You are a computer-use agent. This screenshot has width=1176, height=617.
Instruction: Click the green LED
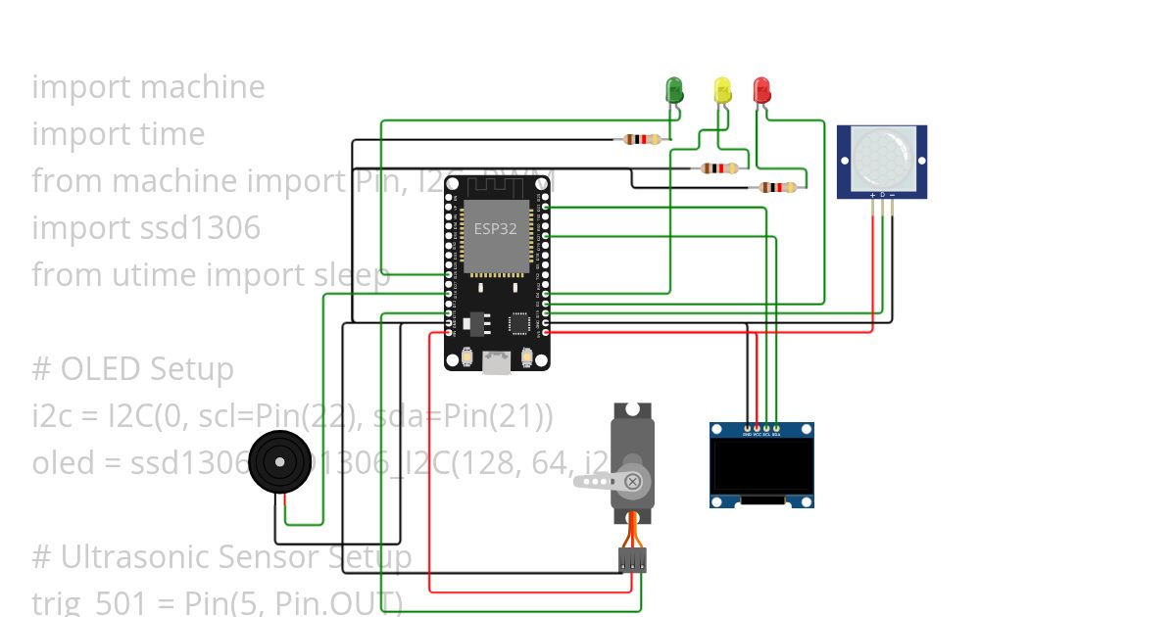(674, 90)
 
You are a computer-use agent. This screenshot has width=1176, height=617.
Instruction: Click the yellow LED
(722, 90)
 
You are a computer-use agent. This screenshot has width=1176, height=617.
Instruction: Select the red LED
(761, 90)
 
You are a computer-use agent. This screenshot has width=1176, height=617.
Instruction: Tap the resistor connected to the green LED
(642, 139)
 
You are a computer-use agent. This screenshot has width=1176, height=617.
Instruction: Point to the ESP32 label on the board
(495, 229)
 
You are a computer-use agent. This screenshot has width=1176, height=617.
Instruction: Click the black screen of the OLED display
(762, 465)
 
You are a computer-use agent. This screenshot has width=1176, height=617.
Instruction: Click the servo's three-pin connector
(632, 559)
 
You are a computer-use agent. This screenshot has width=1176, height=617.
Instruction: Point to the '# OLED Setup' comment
(132, 369)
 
